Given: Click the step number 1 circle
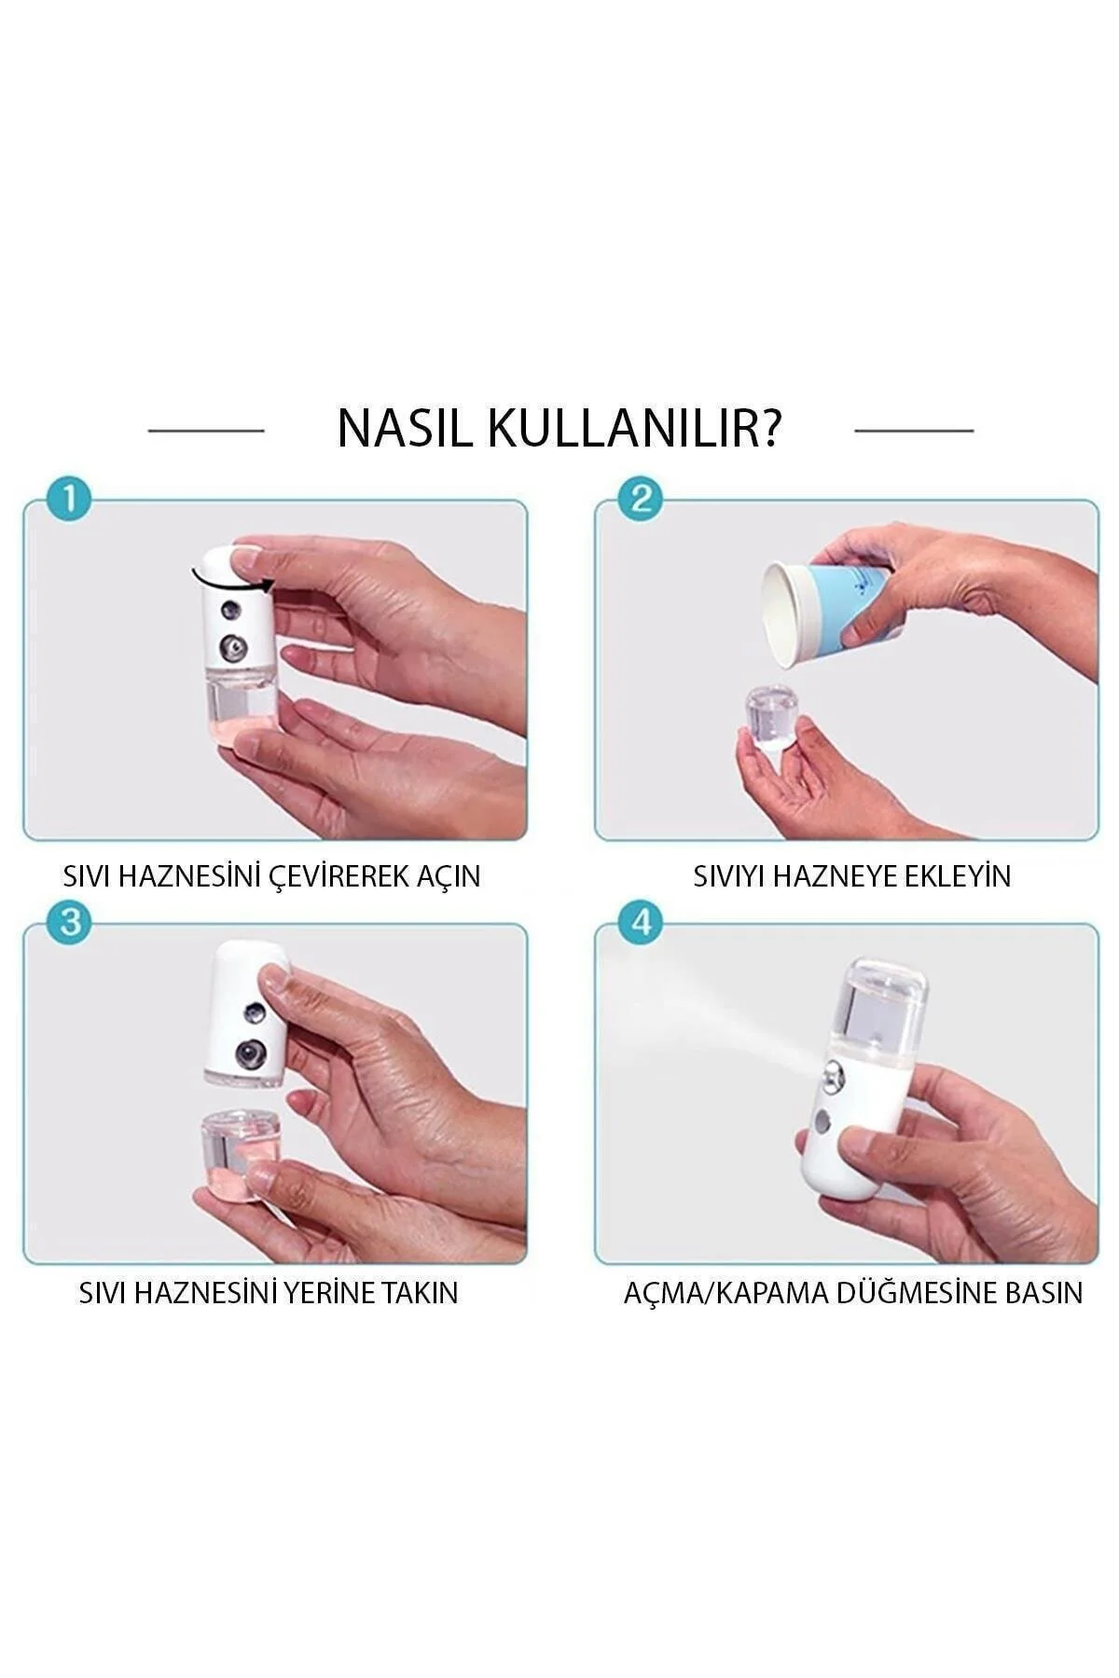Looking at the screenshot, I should pos(68,501).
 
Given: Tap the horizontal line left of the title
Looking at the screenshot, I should pos(206,431).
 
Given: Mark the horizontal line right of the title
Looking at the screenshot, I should pos(913,431).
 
